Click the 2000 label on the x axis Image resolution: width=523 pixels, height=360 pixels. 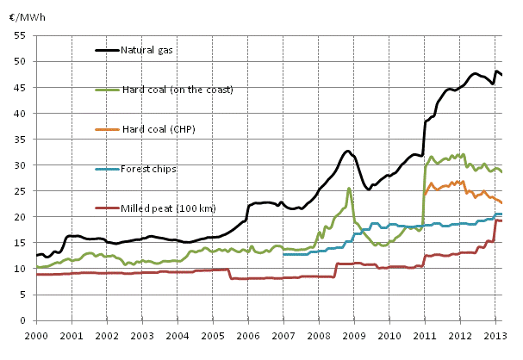click(x=35, y=334)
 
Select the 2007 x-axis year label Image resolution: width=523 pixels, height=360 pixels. click(x=283, y=334)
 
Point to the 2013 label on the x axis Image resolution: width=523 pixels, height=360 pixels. click(x=495, y=334)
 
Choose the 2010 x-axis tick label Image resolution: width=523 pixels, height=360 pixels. click(x=389, y=334)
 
